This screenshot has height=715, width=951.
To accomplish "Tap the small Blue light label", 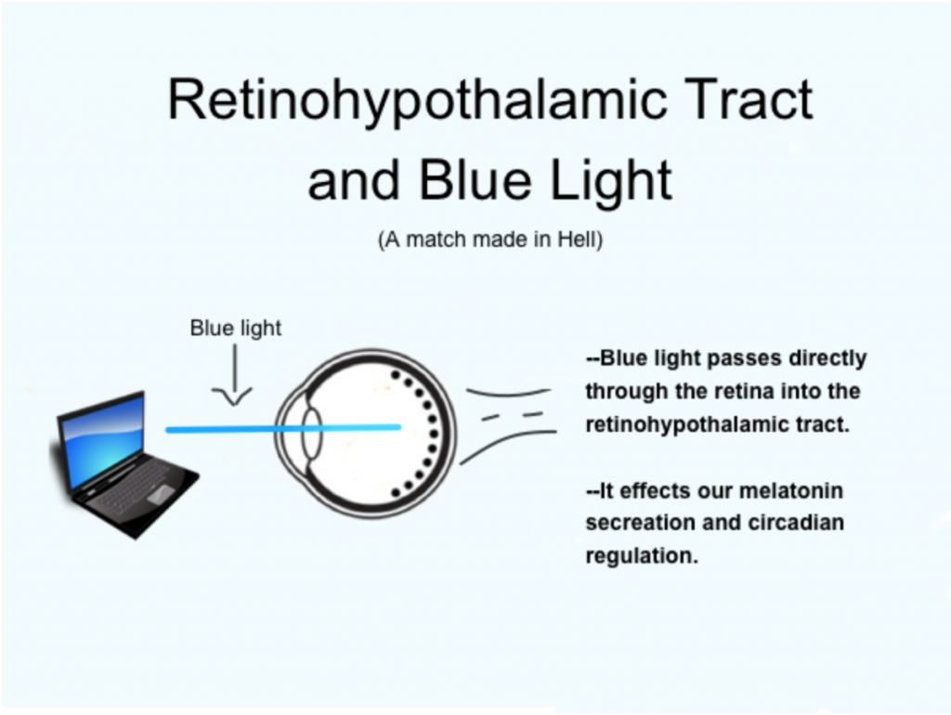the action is [235, 328].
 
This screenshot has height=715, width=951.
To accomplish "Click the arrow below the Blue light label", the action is [233, 375].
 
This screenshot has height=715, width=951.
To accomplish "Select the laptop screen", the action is [102, 438].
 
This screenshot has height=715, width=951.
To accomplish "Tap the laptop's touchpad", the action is [161, 493].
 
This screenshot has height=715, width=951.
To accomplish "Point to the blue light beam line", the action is [283, 429].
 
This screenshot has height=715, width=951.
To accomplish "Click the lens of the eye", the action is [312, 434].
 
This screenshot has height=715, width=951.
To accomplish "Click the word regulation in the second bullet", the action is [642, 556].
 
